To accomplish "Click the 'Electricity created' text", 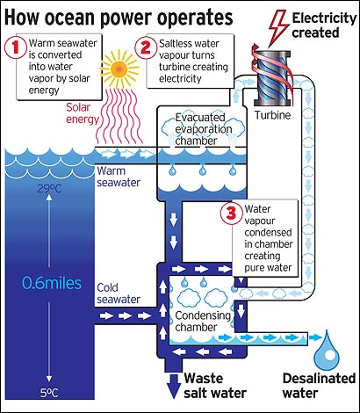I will (x=324, y=25).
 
